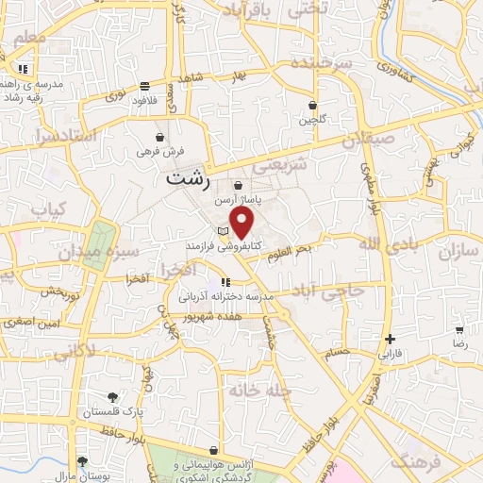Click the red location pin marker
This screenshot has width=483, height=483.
tap(242, 223)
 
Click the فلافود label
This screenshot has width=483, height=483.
tap(143, 99)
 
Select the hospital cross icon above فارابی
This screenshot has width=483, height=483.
tap(390, 339)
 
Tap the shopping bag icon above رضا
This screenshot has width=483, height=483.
tap(459, 331)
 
